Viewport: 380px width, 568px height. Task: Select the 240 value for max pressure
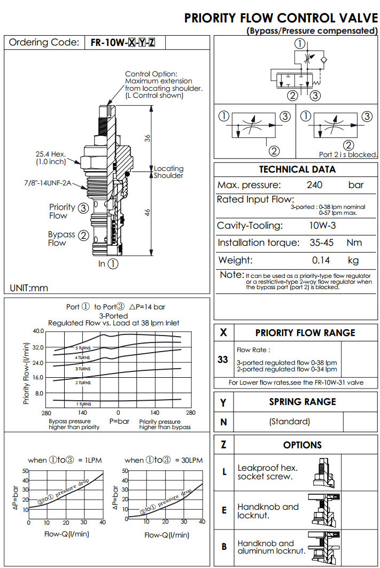pyautogui.click(x=314, y=185)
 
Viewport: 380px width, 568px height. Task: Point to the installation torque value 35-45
pyautogui.click(x=322, y=243)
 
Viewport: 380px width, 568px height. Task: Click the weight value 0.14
pyautogui.click(x=322, y=261)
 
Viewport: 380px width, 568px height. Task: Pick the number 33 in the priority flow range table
pyautogui.click(x=223, y=360)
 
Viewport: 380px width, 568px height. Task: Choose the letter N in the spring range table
pyautogui.click(x=223, y=422)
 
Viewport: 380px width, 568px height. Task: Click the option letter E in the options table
pyautogui.click(x=224, y=510)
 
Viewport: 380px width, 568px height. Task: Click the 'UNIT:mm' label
pyautogui.click(x=29, y=288)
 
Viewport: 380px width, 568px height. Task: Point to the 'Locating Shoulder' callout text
pyautogui.click(x=168, y=172)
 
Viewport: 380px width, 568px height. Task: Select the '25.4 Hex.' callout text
pyautogui.click(x=51, y=154)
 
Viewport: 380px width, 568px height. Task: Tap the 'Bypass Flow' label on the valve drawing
pyautogui.click(x=61, y=238)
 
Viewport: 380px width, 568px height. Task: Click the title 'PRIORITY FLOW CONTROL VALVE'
pyautogui.click(x=281, y=18)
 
